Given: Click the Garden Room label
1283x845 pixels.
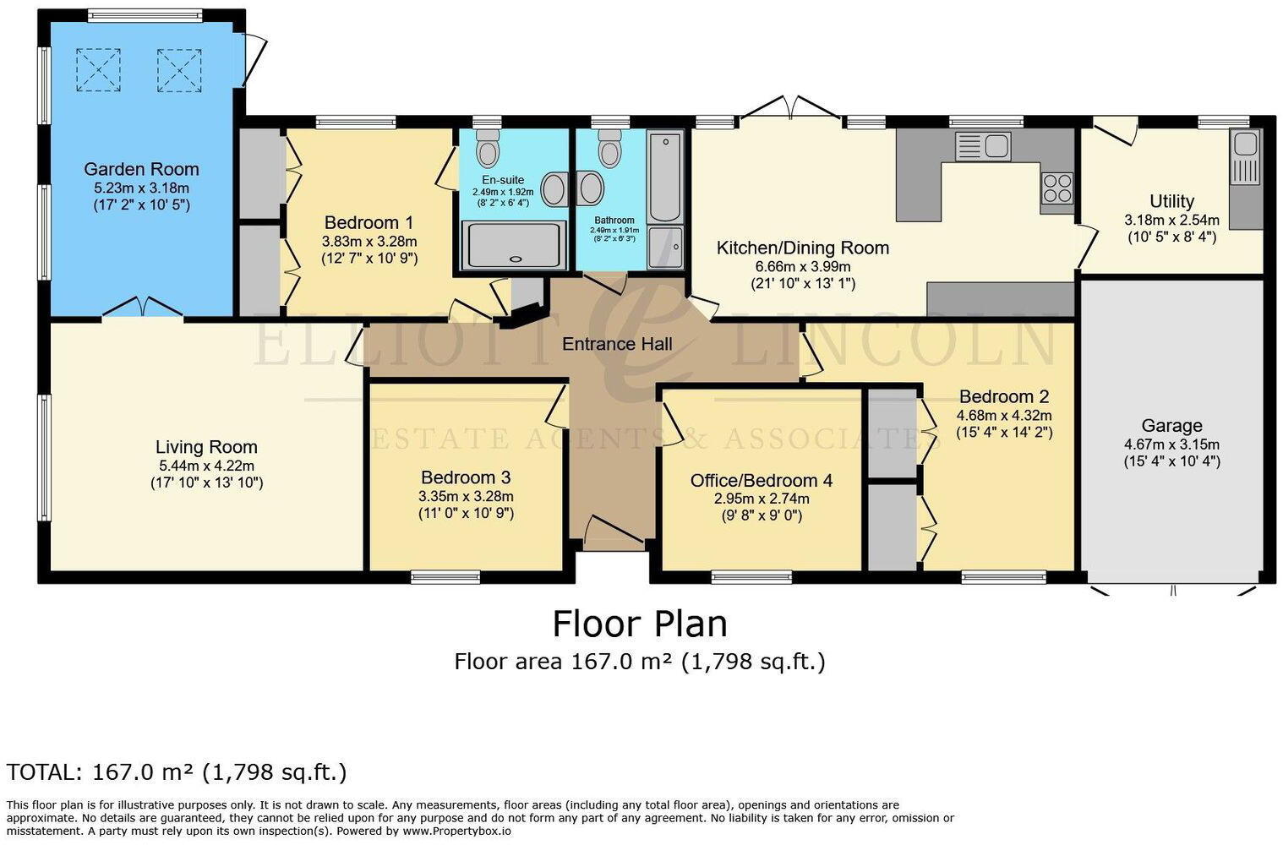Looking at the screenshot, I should (x=141, y=169).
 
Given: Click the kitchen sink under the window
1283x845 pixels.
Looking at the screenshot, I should (x=983, y=146).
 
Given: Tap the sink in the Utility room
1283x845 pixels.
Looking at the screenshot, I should (x=1244, y=158).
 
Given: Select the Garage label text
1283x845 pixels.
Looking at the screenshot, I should (x=1171, y=426).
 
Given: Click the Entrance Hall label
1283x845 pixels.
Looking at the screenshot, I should (x=617, y=344).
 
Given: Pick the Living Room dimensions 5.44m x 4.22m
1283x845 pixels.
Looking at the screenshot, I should (x=206, y=466).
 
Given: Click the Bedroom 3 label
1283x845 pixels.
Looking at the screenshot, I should (x=466, y=477).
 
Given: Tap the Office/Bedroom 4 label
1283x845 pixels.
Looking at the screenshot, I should (x=761, y=481).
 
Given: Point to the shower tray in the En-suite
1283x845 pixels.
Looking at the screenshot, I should (x=512, y=245).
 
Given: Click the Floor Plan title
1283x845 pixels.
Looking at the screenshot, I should (x=640, y=624).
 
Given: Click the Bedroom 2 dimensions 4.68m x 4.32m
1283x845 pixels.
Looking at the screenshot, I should (x=1004, y=415).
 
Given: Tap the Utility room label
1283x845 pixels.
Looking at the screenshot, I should (x=1171, y=201).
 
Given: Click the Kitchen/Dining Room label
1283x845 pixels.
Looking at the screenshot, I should (x=802, y=248).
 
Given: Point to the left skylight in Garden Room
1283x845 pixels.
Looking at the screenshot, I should (x=98, y=70).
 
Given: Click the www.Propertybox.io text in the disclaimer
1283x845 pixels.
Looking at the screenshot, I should (x=456, y=831).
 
